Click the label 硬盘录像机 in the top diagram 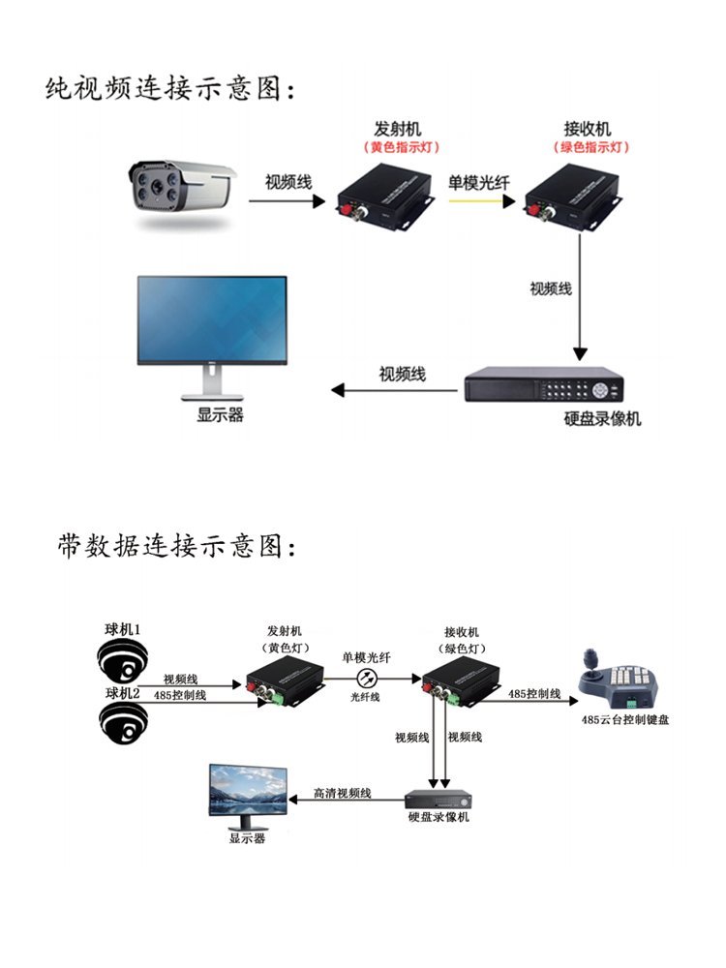(x=601, y=419)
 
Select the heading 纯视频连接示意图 (x=169, y=90)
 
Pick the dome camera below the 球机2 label (x=123, y=721)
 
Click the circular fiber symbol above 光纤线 (x=366, y=678)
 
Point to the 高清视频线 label (x=342, y=793)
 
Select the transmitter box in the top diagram (x=383, y=197)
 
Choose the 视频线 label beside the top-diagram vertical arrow (x=550, y=288)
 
